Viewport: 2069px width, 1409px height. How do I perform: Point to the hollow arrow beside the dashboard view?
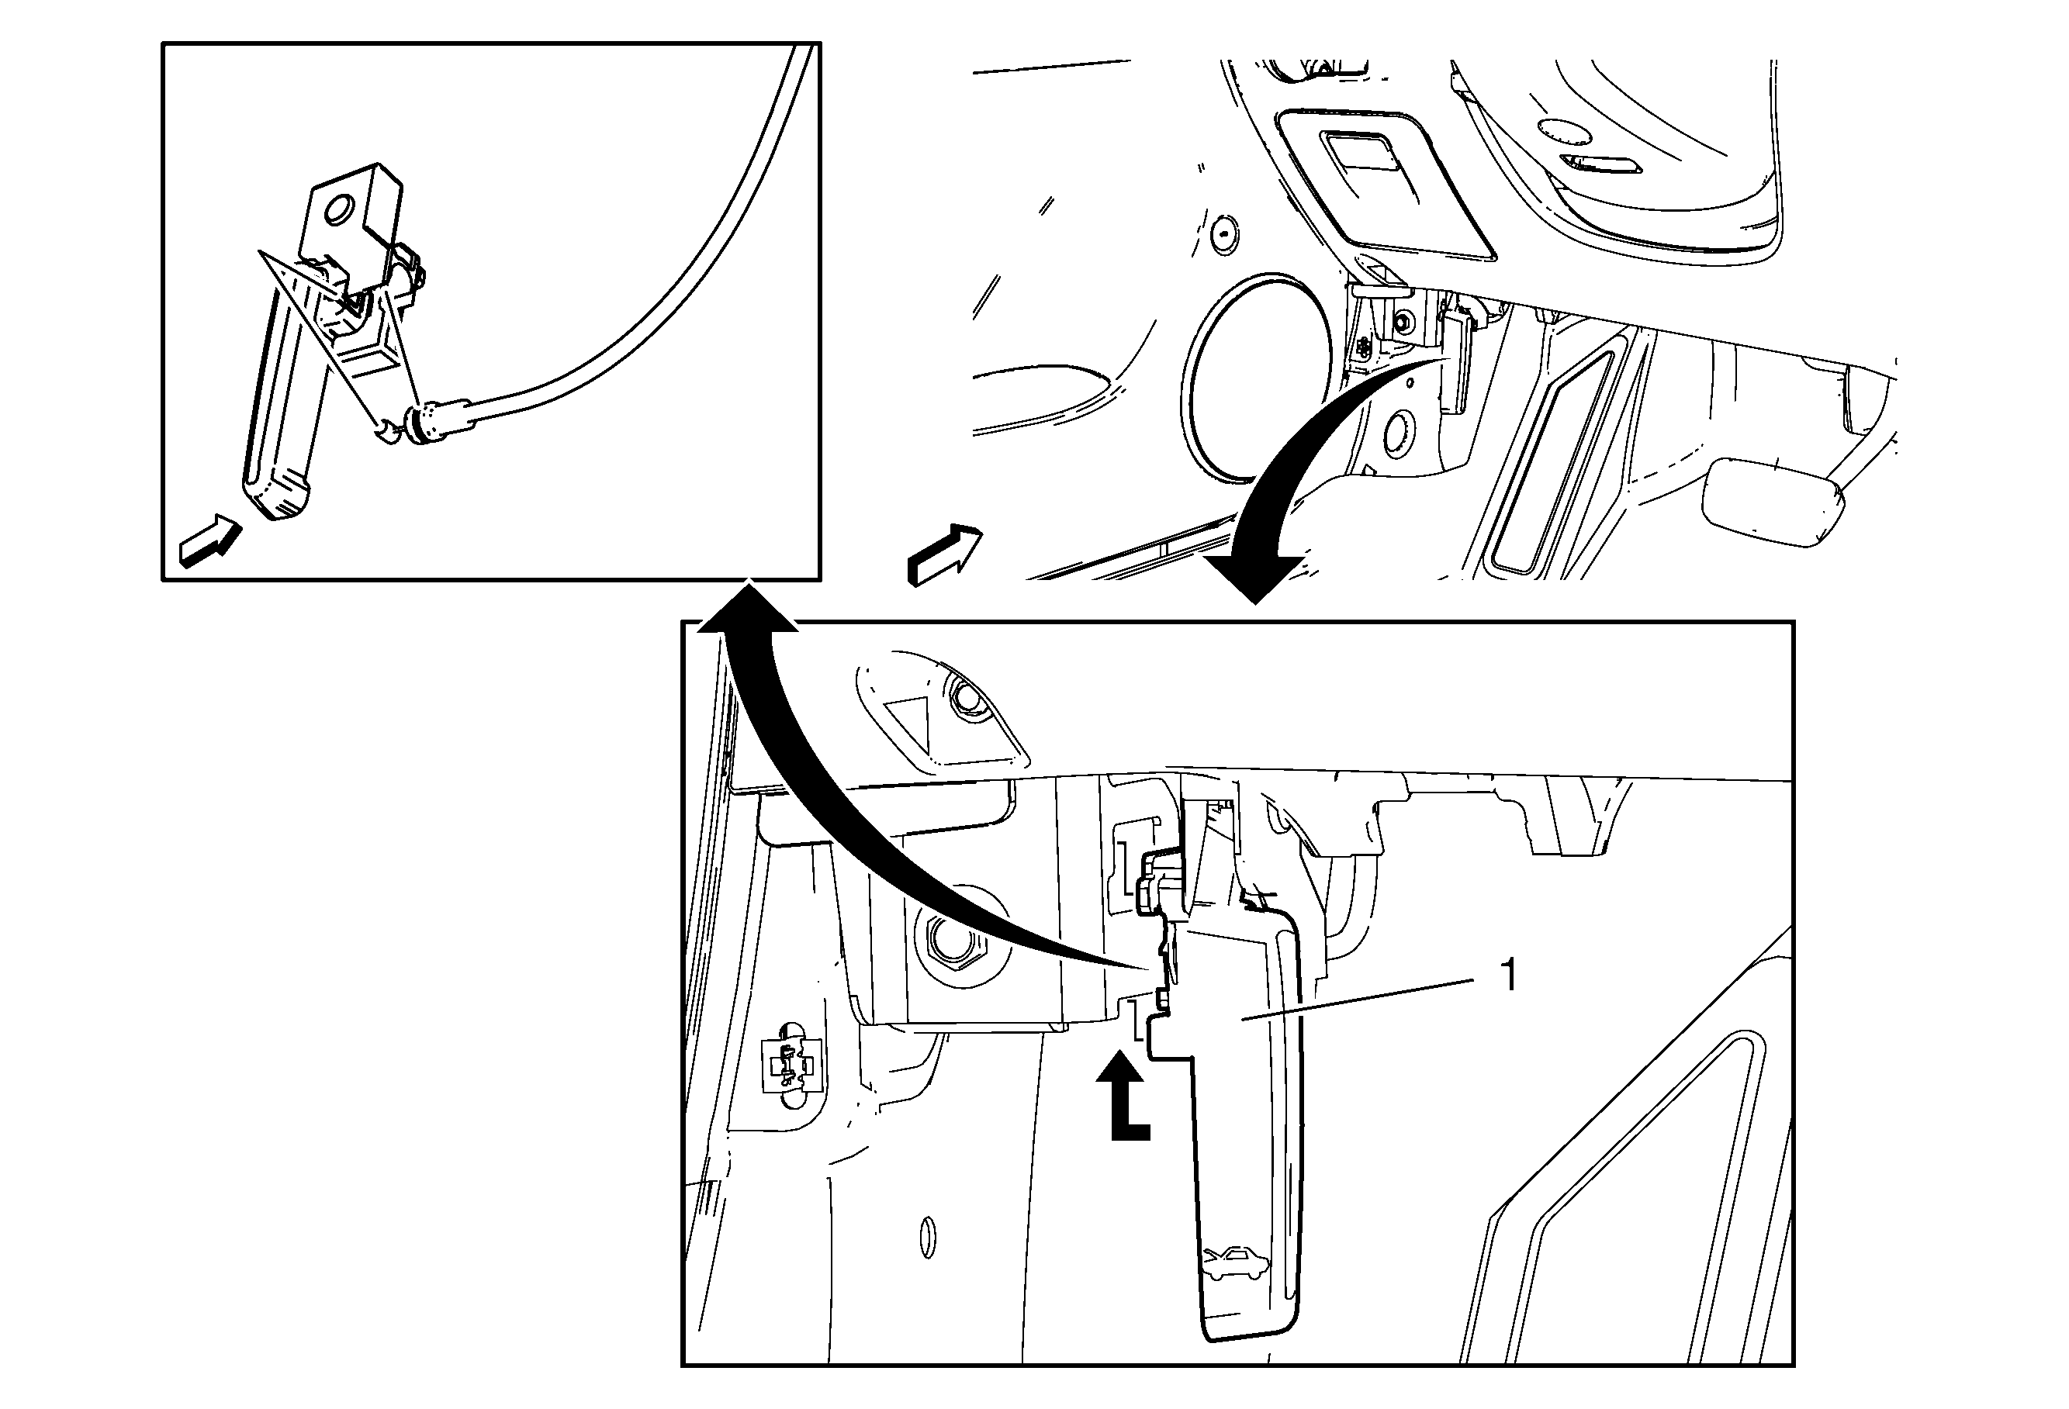click(943, 554)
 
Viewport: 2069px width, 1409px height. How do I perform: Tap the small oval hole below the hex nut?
click(928, 1237)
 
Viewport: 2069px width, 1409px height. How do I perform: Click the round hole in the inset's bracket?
click(338, 211)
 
